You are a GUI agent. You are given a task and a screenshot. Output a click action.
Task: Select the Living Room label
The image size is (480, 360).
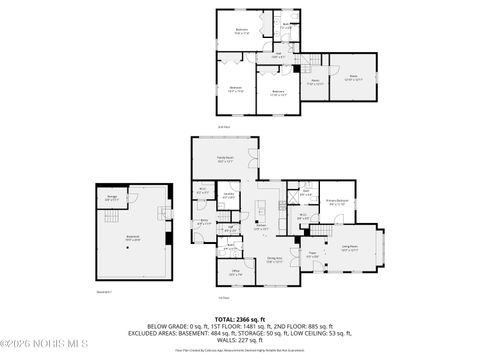point(351,247)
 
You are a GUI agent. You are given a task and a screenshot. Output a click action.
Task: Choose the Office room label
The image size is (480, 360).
point(235,273)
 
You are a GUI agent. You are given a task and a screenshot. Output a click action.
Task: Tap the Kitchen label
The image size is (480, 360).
point(260,226)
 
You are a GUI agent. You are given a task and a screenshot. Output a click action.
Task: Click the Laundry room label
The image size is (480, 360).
point(229,196)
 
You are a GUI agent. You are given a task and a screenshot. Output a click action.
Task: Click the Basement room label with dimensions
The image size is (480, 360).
point(132,239)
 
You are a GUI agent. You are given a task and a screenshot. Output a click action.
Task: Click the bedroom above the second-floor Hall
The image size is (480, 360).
point(241,30)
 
